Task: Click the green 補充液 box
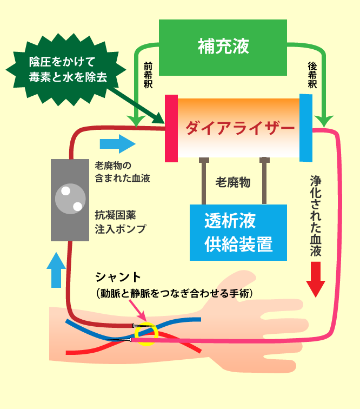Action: coord(223,45)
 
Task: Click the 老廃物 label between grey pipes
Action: coord(232,182)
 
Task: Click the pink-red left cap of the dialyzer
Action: coord(171,128)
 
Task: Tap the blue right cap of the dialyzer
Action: coord(306,128)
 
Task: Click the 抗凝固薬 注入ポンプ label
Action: coord(120,222)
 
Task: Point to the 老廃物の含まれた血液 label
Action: coord(122,171)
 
